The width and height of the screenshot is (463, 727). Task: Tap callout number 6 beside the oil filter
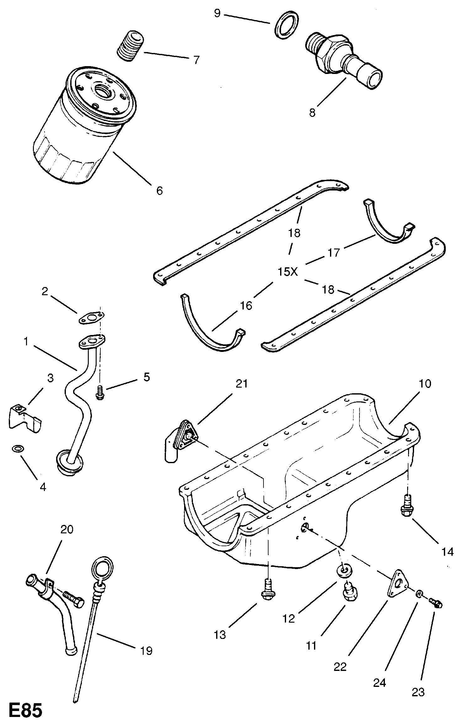(160, 190)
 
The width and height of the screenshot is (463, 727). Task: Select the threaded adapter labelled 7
(131, 46)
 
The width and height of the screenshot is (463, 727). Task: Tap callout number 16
(246, 305)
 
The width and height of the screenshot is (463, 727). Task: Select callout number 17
(334, 252)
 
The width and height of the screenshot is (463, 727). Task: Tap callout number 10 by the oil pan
(425, 384)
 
